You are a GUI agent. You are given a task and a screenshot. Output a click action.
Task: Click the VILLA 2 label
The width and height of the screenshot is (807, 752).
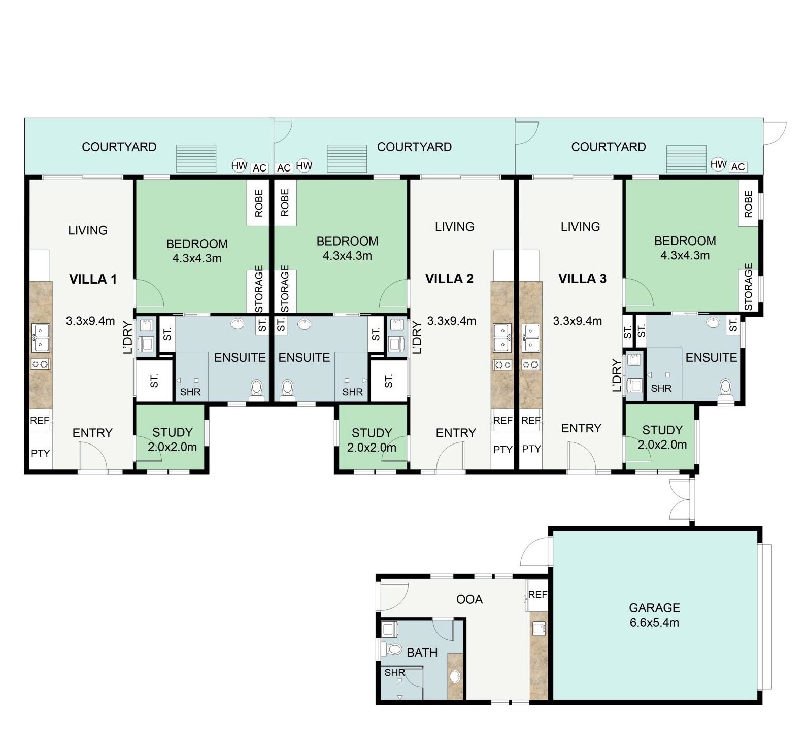pyautogui.click(x=449, y=279)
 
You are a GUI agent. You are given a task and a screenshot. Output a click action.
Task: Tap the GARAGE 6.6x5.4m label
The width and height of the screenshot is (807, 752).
pyautogui.click(x=654, y=614)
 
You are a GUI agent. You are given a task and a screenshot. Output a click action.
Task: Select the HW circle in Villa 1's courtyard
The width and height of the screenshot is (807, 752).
pyautogui.click(x=239, y=165)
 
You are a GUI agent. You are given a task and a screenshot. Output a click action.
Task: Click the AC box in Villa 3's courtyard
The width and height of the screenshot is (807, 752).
pyautogui.click(x=738, y=167)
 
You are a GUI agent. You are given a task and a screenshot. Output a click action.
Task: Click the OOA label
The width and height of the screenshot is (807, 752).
pyautogui.click(x=469, y=599)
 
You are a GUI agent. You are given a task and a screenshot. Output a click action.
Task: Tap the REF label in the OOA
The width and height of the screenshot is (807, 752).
pyautogui.click(x=537, y=594)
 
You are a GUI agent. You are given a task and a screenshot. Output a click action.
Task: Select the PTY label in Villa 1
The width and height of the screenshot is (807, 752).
pyautogui.click(x=40, y=453)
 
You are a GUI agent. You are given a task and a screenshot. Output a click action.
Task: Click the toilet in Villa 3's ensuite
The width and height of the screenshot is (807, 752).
pyautogui.click(x=726, y=388)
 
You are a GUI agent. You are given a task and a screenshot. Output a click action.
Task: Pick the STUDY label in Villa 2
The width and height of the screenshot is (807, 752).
pyautogui.click(x=372, y=433)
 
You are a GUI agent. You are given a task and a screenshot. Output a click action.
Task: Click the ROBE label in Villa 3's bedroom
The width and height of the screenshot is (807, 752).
pyautogui.click(x=748, y=204)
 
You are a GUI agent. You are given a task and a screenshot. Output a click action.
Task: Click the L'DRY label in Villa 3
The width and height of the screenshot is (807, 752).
pyautogui.click(x=617, y=375)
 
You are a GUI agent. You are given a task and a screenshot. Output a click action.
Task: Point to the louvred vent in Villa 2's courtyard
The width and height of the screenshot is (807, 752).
pyautogui.click(x=347, y=158)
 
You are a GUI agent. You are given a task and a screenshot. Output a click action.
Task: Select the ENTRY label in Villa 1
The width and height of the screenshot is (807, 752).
pyautogui.click(x=92, y=433)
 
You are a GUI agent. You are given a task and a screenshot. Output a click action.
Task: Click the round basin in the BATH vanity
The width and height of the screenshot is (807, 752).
pyautogui.click(x=455, y=676)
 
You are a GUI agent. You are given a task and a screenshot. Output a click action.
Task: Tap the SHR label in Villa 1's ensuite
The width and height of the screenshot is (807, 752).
pyautogui.click(x=190, y=392)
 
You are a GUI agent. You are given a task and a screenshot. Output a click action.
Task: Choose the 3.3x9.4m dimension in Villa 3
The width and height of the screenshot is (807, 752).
pyautogui.click(x=577, y=321)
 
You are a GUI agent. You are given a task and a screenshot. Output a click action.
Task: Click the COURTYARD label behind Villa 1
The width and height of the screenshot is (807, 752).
pyautogui.click(x=119, y=147)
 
